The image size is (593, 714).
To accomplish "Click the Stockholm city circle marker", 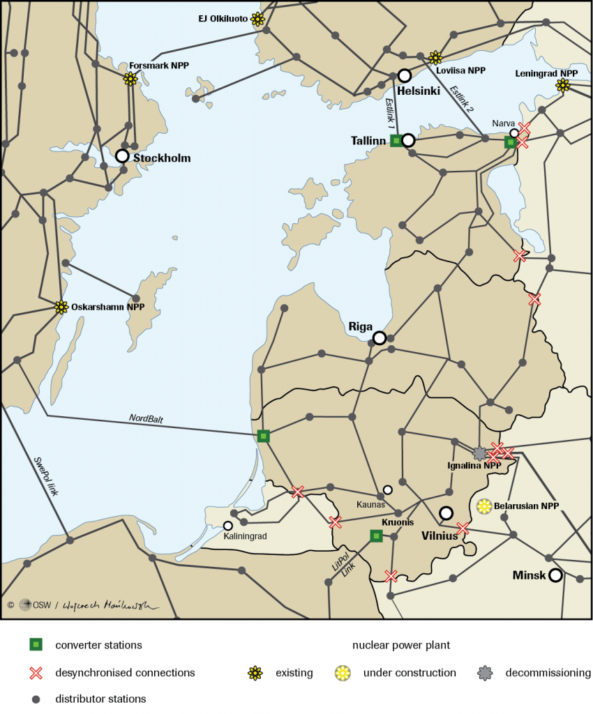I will pos(122,156).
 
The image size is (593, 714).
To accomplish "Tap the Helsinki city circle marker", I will pos(404,76).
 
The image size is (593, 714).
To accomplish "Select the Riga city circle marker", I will pos(380,338).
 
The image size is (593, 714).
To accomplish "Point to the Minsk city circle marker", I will pos(555,575).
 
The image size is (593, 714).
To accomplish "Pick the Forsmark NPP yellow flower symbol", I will pos(130,79).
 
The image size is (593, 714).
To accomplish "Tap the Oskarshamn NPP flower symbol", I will pos(61,307).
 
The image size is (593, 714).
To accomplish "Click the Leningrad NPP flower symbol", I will pos(562,86).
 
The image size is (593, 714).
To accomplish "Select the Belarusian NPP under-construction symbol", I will pos(483,506).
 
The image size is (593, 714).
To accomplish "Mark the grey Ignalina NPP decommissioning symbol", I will pos(480,453).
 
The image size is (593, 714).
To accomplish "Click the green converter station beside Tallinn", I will pos(396,141).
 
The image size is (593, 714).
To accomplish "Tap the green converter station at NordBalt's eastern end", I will pos(263,436).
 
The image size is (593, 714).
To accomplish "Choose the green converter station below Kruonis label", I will pos(376,535).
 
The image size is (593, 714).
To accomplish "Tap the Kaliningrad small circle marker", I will pos(227,526).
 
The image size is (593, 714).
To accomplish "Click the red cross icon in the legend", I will pos(36,673).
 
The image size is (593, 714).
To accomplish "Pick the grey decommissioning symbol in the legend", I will pos(486,673).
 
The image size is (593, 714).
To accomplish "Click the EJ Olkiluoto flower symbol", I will pos(257,20).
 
